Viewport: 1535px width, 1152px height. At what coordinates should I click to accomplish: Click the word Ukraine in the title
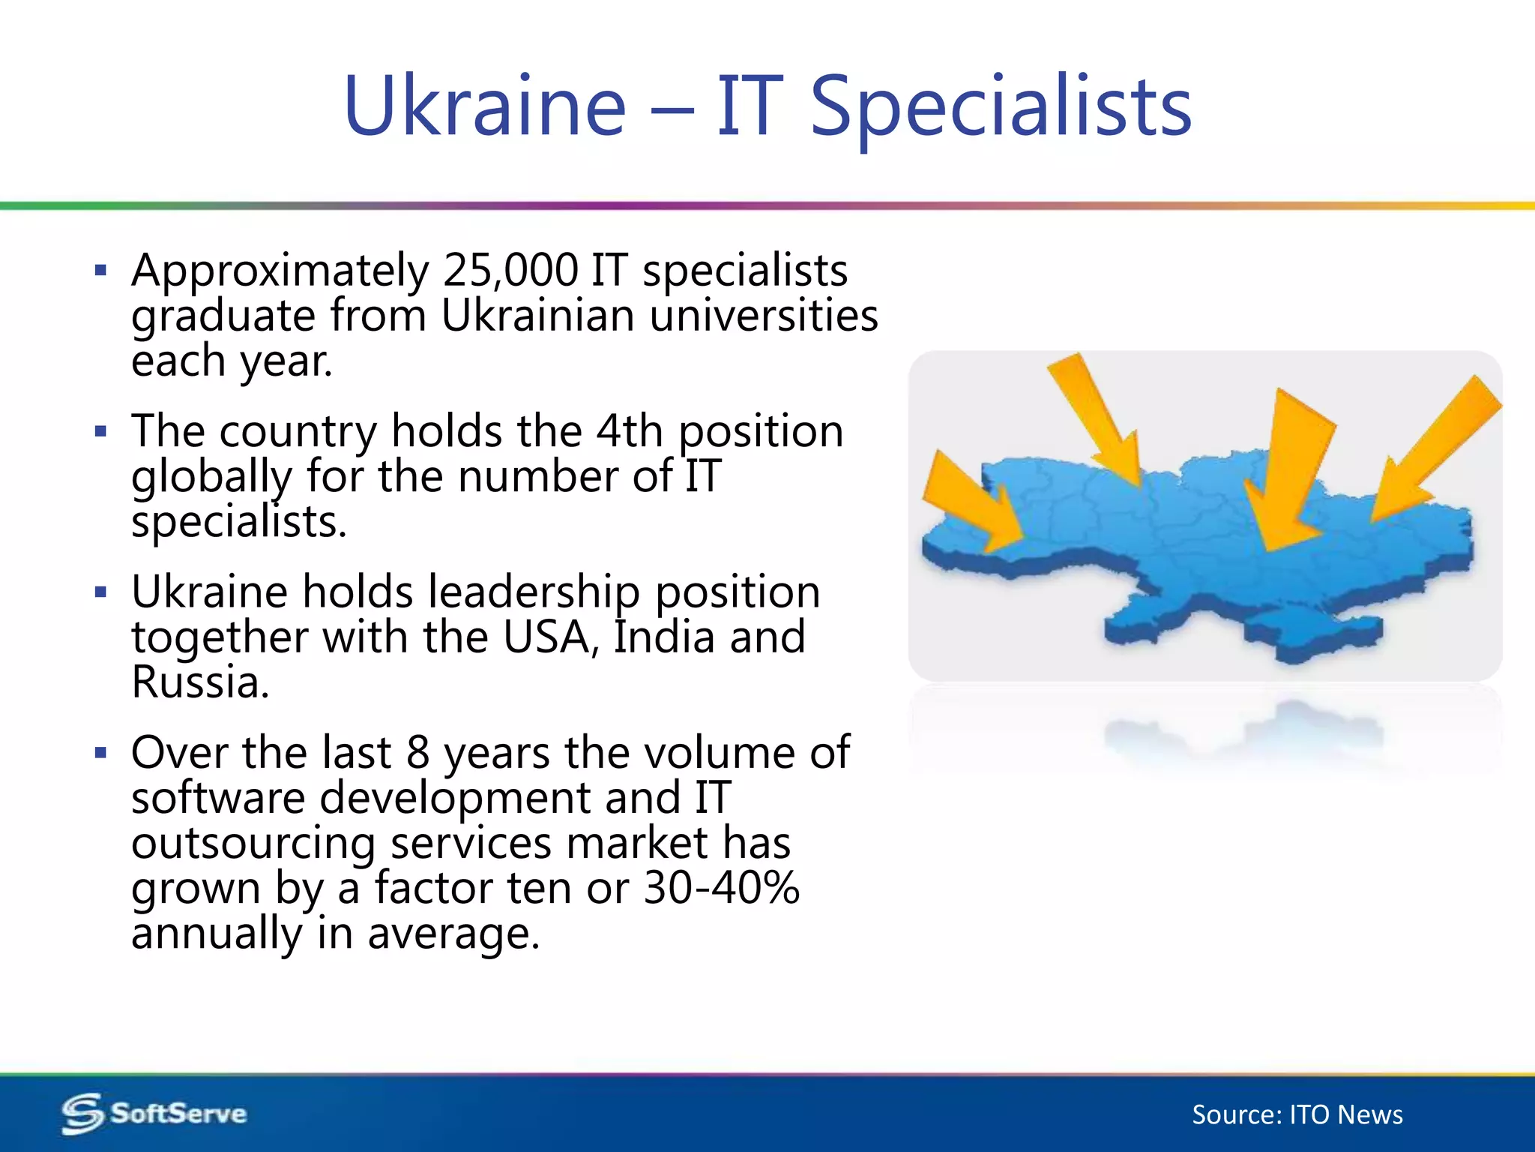point(484,106)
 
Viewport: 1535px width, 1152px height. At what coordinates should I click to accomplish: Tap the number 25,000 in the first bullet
point(510,270)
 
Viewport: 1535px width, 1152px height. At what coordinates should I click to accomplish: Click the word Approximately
point(280,271)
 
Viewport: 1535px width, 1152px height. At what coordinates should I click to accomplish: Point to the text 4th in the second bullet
point(630,431)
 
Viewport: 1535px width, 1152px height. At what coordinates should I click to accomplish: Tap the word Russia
point(199,682)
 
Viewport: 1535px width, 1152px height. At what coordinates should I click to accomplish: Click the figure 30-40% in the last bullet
point(721,888)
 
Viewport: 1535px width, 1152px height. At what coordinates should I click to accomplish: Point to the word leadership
point(534,592)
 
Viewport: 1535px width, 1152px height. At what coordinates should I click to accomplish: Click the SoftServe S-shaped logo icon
point(82,1114)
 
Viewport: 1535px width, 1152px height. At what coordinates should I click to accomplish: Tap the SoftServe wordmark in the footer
point(178,1114)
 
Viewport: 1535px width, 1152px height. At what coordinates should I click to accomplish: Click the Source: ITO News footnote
point(1297,1115)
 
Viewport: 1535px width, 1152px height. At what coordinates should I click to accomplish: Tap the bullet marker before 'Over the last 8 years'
point(101,752)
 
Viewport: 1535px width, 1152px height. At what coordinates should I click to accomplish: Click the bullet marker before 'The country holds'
point(101,431)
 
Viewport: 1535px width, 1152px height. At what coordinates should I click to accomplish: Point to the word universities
point(764,316)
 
